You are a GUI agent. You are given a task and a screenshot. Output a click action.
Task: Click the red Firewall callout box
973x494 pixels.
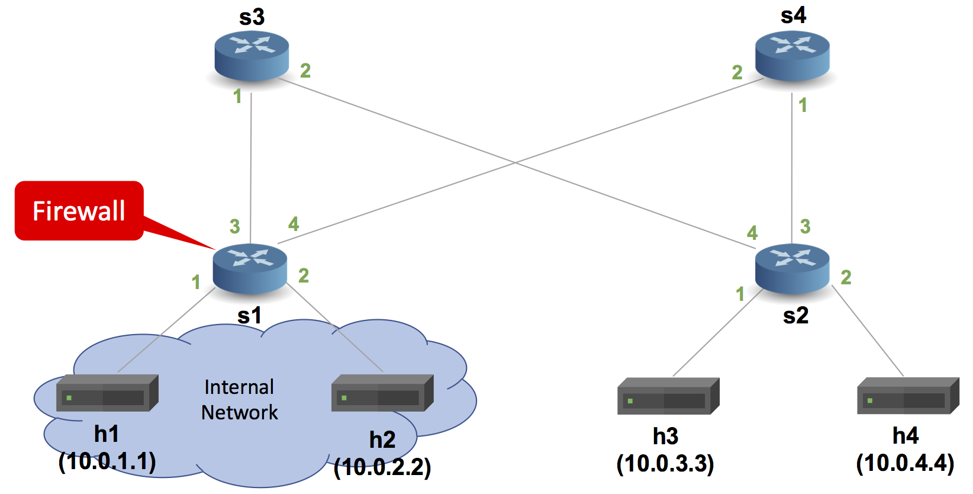[79, 211]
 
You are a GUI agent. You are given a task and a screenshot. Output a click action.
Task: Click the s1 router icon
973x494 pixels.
[250, 268]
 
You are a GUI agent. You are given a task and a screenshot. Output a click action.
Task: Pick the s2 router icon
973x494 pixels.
[792, 268]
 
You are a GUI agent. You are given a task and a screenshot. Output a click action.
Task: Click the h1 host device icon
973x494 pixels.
[107, 393]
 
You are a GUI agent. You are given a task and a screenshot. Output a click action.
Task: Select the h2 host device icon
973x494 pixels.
[382, 393]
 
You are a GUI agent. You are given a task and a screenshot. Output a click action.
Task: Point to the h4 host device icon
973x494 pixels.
[907, 396]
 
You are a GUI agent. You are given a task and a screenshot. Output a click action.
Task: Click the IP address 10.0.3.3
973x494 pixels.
[665, 464]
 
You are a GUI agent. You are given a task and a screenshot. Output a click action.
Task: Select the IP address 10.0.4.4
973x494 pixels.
[905, 463]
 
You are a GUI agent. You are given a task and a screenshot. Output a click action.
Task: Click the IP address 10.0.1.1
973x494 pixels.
[107, 461]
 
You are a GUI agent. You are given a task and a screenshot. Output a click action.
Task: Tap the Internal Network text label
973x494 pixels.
[239, 400]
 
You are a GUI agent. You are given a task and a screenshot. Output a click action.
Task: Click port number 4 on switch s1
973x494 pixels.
[294, 224]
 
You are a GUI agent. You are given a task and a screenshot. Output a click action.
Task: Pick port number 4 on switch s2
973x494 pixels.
[752, 233]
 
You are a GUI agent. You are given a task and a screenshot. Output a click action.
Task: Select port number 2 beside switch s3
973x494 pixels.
[305, 71]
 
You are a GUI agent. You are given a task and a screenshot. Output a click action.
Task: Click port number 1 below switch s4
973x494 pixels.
[803, 105]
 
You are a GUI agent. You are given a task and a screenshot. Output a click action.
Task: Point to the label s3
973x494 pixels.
[252, 17]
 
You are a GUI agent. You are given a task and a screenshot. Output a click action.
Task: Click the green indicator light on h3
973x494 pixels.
[630, 401]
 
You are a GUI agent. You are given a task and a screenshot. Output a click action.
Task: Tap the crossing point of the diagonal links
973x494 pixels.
[515, 162]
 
